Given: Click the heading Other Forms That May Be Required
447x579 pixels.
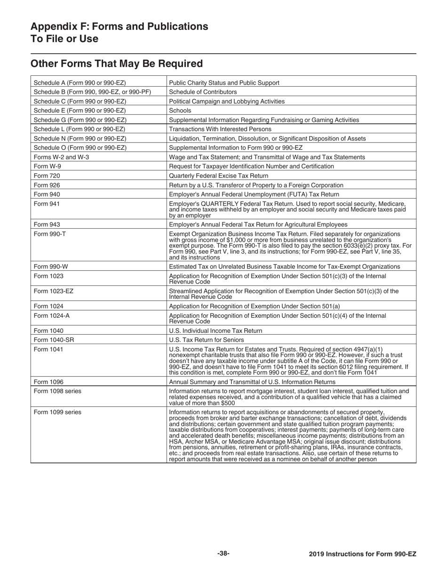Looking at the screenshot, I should [117, 64].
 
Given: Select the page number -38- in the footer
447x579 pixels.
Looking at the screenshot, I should [223, 554].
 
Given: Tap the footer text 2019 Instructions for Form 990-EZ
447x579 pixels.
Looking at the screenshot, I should [362, 554].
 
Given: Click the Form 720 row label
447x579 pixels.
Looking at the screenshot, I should [47, 176].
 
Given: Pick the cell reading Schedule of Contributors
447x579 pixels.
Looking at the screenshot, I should [203, 92].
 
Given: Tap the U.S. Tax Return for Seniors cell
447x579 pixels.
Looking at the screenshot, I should [206, 340].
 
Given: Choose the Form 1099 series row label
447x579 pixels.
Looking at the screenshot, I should [57, 412].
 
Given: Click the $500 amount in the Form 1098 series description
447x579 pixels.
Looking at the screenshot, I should [228, 403].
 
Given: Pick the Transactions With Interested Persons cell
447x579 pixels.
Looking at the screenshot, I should [220, 129].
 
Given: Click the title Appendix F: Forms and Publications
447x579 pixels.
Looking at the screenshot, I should [119, 26].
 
